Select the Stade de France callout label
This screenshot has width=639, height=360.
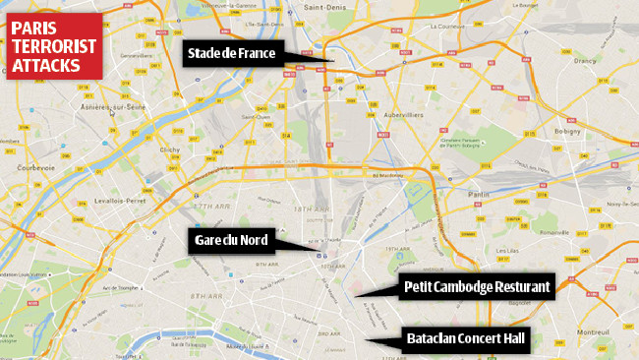pyautogui.click(x=234, y=53)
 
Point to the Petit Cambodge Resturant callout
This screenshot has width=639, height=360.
pyautogui.click(x=479, y=289)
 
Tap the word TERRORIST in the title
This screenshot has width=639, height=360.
pyautogui.click(x=54, y=46)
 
